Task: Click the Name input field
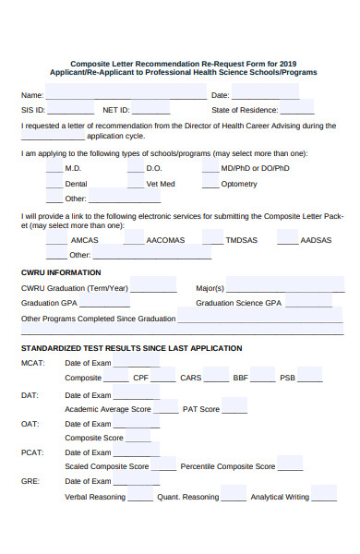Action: click(x=126, y=93)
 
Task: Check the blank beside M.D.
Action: click(x=54, y=168)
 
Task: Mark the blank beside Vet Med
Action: click(x=135, y=183)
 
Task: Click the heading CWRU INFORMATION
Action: click(x=61, y=272)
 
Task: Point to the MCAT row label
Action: click(x=31, y=363)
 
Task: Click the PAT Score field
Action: click(x=234, y=407)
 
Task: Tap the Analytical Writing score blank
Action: click(x=323, y=496)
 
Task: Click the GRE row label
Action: click(x=30, y=481)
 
